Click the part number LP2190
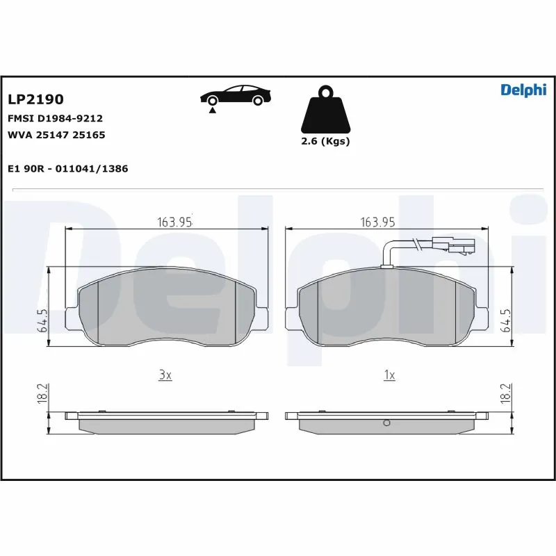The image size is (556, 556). pos(35,100)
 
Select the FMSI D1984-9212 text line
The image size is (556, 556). pos(55,118)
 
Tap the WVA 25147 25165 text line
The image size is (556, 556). pos(56,135)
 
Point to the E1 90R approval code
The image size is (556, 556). pos(67,169)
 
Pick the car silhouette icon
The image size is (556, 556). pos(235,96)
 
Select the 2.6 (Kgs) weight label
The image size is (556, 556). pos(325,141)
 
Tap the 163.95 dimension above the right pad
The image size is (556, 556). pos(377,222)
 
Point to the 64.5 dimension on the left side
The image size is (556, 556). pos(42,321)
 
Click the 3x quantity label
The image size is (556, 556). pos(164,375)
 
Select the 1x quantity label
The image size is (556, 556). pos(389,375)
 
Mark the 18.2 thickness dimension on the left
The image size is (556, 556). pos(42,393)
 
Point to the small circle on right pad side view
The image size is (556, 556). pos(388,424)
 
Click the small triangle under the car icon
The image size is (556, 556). pos(211,110)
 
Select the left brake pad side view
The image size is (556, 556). pos(166,420)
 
